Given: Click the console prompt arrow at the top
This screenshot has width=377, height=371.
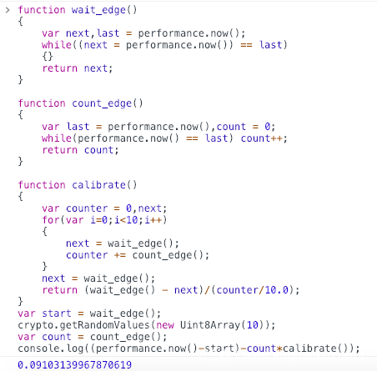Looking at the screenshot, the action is (x=8, y=10).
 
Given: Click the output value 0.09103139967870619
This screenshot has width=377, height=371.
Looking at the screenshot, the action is (x=74, y=364).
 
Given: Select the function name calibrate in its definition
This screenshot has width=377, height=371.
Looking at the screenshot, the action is (x=98, y=185).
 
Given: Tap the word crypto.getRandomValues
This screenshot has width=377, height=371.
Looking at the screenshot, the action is (x=83, y=325).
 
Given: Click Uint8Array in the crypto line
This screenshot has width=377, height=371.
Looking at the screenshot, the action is (x=209, y=325).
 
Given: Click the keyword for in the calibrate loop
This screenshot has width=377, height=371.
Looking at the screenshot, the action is (x=51, y=220).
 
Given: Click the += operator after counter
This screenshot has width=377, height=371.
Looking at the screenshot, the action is (x=120, y=255).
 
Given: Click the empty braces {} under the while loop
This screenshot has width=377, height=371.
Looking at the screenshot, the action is (x=48, y=57).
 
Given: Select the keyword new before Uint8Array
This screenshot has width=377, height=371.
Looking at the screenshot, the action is (x=165, y=325).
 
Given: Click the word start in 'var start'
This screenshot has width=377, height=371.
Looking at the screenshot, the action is (x=57, y=313).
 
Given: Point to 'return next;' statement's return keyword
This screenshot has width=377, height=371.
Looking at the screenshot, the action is (x=59, y=68).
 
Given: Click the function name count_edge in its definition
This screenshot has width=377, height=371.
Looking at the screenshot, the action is (x=102, y=103).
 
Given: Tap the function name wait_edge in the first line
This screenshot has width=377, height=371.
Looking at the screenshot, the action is (x=98, y=10).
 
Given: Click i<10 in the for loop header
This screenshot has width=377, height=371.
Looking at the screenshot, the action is (x=126, y=220).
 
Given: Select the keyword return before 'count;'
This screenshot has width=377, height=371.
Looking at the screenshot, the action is (x=59, y=150).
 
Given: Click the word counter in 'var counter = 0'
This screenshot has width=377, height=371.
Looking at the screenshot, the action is (x=87, y=208).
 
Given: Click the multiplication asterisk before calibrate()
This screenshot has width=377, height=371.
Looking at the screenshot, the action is (x=279, y=348).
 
